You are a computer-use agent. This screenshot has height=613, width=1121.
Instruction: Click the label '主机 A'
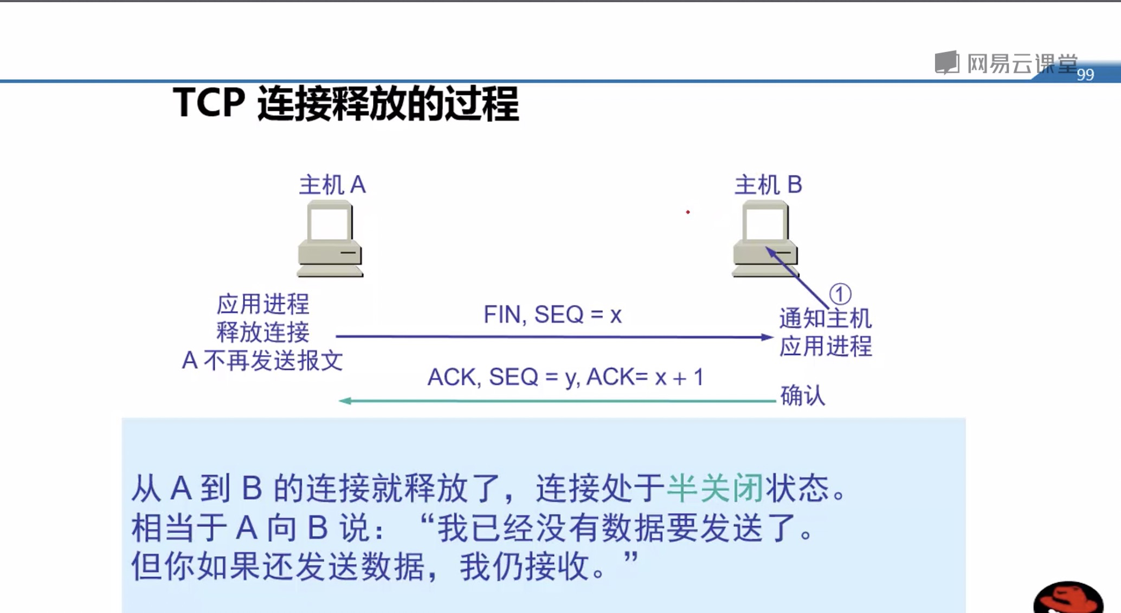pos(332,185)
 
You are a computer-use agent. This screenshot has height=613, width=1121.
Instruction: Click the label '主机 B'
pos(768,185)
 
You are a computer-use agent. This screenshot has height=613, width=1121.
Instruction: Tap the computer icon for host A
pos(330,239)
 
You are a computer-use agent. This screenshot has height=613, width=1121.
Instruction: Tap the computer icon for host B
pos(765,239)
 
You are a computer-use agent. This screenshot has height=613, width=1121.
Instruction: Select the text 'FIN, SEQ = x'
pos(552,315)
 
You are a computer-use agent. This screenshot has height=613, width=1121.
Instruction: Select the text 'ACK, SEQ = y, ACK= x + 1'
pos(565,377)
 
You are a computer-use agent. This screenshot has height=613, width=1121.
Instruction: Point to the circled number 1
pos(840,294)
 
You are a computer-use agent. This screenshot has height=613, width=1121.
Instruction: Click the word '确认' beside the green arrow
pos(802,395)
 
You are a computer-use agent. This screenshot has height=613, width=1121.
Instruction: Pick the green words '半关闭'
pos(715,488)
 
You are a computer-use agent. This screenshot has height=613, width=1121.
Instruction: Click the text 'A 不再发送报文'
pos(262,361)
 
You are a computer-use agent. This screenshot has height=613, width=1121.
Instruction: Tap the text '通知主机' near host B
pos(825,318)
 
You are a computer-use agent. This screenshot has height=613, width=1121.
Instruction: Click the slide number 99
pos(1085,75)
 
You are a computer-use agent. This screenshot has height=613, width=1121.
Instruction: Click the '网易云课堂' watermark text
pos(1022,64)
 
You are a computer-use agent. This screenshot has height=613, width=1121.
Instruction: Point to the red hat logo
pos(1068,598)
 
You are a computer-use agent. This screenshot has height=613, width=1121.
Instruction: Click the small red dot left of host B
pos(688,212)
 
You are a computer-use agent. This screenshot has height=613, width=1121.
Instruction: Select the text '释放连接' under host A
pos(263,332)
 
